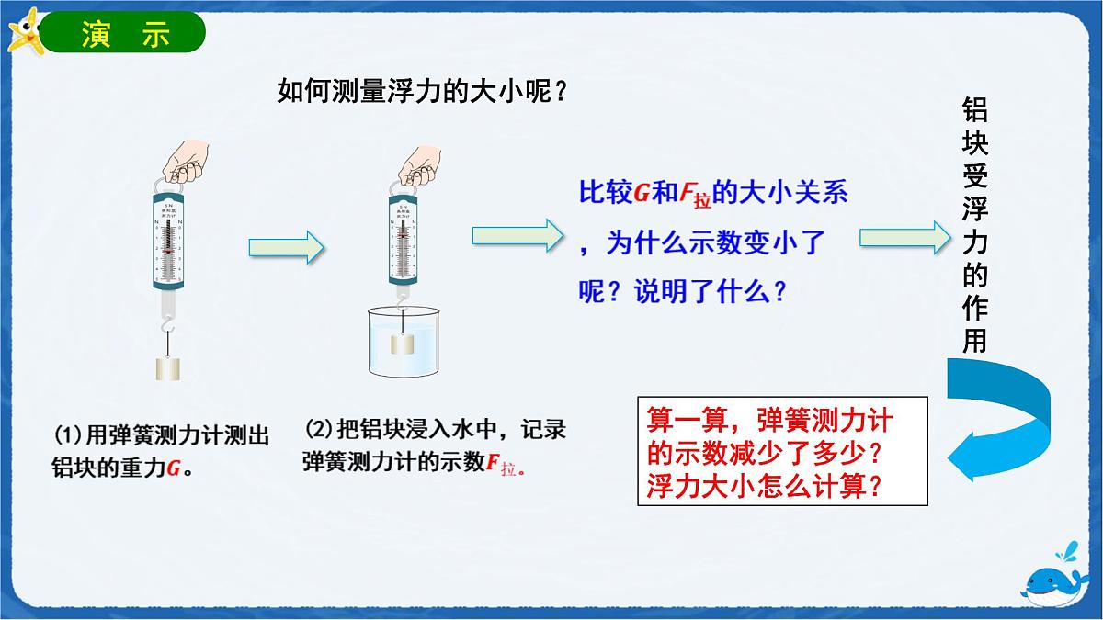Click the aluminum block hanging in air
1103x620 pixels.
(x=166, y=368)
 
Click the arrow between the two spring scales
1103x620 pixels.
(x=287, y=246)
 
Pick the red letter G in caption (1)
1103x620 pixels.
(x=173, y=468)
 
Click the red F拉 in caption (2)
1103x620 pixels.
(x=501, y=464)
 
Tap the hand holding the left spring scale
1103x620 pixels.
(x=184, y=163)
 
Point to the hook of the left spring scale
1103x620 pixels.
(x=165, y=324)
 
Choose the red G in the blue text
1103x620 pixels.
(x=642, y=193)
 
